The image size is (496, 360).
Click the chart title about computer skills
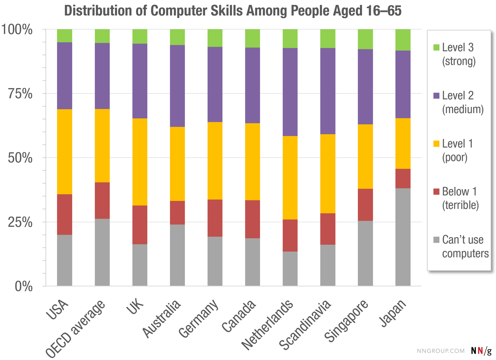tap(233, 11)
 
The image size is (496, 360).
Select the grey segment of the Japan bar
tap(403, 237)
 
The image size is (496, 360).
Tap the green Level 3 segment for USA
tap(64, 36)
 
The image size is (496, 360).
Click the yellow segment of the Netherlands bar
tap(290, 178)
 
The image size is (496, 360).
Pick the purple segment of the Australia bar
tap(177, 86)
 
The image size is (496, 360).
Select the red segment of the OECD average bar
tap(102, 201)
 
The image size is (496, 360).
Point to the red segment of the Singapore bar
tap(365, 205)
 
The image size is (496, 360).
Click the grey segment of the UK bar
tap(140, 265)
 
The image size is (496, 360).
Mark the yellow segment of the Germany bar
tap(215, 161)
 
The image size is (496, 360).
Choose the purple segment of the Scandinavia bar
tap(328, 91)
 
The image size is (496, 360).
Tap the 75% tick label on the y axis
tap(20, 94)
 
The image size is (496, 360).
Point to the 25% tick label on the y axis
tap(20, 223)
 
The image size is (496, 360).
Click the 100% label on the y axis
tap(17, 30)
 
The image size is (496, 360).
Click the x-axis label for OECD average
tap(76, 328)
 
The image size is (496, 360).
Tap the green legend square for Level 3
tap(436, 47)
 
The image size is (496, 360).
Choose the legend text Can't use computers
tap(465, 247)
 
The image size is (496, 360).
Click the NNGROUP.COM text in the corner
tap(440, 351)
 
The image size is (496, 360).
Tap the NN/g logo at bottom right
tap(481, 350)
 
